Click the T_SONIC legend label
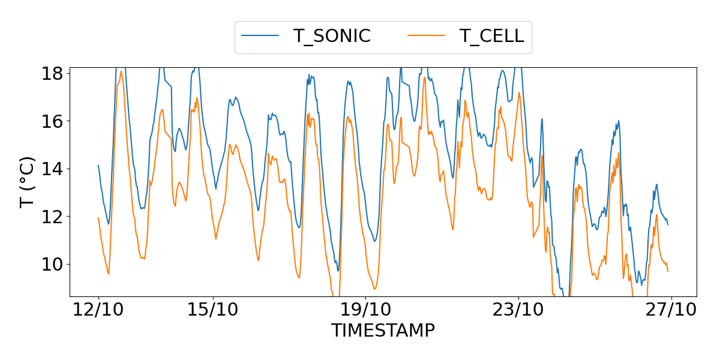click(332, 36)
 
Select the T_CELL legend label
click(492, 36)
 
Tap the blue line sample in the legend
click(260, 36)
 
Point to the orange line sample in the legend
click(427, 36)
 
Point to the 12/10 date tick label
click(98, 311)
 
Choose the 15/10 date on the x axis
click(213, 311)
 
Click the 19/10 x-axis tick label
click(366, 311)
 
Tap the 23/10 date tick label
click(519, 311)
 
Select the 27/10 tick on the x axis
click(671, 311)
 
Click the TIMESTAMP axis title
click(383, 330)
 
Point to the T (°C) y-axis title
click(28, 182)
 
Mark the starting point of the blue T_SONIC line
click(98, 166)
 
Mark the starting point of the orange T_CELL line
click(98, 218)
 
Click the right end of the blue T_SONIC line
click(668, 224)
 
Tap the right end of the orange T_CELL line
click(668, 271)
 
